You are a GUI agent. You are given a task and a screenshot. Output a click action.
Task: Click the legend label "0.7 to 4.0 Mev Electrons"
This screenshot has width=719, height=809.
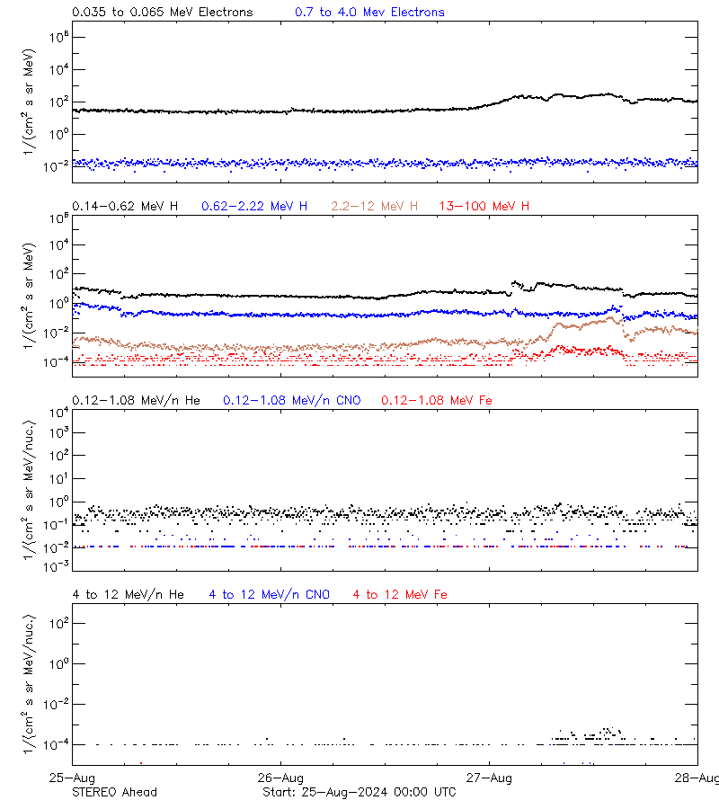(x=369, y=13)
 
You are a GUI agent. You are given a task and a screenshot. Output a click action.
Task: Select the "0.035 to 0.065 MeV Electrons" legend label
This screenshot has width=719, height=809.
(x=163, y=13)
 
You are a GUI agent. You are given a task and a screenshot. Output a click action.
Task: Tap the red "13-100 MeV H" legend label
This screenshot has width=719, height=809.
(x=484, y=207)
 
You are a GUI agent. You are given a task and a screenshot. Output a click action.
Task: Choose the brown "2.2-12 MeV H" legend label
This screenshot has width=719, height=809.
(x=375, y=207)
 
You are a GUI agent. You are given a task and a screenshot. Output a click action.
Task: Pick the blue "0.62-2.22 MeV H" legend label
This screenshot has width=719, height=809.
(x=254, y=207)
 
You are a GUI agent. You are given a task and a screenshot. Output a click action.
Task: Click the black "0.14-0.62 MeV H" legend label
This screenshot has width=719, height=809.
(x=125, y=207)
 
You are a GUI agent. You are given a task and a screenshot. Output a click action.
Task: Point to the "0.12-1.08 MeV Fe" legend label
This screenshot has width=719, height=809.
(x=436, y=400)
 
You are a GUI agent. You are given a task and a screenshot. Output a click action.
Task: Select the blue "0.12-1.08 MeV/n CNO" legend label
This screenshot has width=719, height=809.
(x=292, y=400)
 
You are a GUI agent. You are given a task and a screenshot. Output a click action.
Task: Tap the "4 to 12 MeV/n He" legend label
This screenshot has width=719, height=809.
(x=128, y=594)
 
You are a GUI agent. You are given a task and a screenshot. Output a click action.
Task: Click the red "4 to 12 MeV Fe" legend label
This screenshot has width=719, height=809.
(x=400, y=594)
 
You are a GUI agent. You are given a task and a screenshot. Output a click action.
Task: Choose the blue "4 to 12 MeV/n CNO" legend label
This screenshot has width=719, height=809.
(x=270, y=594)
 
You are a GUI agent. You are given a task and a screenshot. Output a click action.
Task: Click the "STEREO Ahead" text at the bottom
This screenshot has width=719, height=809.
(x=114, y=792)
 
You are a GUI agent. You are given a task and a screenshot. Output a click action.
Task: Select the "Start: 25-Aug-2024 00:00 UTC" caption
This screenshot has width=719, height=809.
(x=359, y=792)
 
